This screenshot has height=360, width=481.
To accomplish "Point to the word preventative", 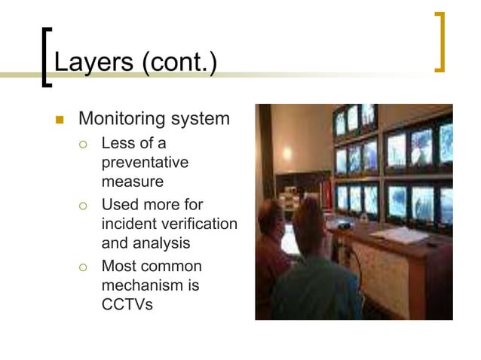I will click(144, 163).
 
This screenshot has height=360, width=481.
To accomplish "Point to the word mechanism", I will click(140, 285).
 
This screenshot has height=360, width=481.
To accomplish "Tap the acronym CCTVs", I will click(127, 305).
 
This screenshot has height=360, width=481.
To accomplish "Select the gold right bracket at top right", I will click(440, 43).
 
